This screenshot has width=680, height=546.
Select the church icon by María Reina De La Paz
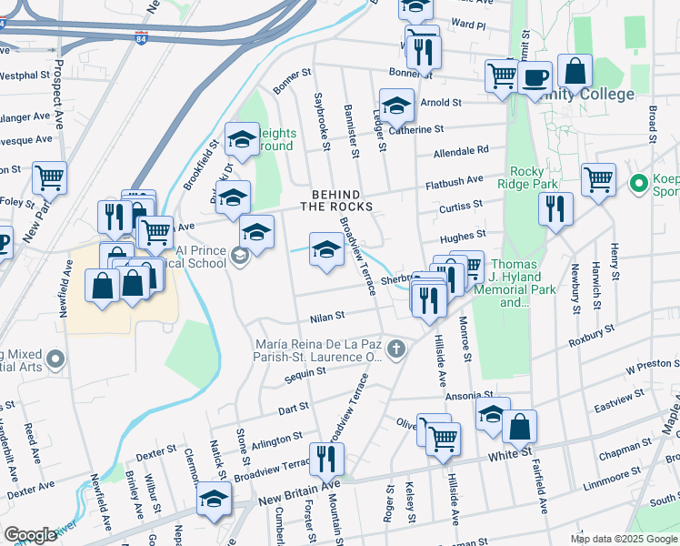[x=395, y=349]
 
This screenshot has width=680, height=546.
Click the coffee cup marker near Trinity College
[x=536, y=77]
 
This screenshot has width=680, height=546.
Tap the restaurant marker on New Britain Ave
[x=325, y=460]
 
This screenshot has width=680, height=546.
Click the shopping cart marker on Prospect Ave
[x=49, y=177]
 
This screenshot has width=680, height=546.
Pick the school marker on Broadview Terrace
[x=326, y=250]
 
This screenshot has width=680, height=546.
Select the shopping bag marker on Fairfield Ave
[x=519, y=427]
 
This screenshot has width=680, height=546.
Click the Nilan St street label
[x=327, y=317]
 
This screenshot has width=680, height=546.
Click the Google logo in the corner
[x=30, y=535]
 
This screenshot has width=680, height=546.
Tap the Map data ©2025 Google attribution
[x=623, y=539]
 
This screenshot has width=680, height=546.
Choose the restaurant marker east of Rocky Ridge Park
[x=555, y=208]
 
